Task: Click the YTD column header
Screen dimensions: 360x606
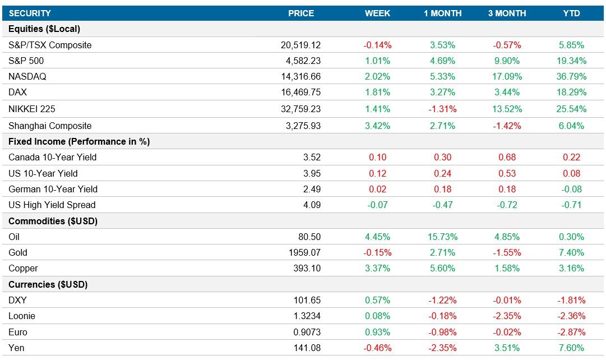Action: (571, 13)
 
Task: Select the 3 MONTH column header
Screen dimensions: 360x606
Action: (507, 13)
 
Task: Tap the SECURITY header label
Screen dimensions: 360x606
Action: (30, 13)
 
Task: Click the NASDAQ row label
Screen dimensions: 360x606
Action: (27, 77)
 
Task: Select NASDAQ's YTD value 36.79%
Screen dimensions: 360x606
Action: (571, 77)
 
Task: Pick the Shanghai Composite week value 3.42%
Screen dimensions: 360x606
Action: (378, 126)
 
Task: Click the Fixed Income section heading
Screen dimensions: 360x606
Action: (79, 142)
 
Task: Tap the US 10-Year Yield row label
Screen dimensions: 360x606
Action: (43, 173)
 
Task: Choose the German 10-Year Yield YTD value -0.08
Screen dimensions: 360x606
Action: (571, 189)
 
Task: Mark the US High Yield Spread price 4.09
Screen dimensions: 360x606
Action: (311, 205)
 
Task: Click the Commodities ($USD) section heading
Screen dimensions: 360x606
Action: (53, 221)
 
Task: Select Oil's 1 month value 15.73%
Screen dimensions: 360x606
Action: (442, 237)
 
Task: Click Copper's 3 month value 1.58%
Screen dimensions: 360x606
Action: (507, 269)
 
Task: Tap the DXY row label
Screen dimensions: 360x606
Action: (18, 300)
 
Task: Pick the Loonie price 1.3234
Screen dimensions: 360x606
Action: (307, 316)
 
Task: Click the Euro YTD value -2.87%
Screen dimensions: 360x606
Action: (571, 332)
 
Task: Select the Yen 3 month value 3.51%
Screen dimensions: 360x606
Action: (507, 348)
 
